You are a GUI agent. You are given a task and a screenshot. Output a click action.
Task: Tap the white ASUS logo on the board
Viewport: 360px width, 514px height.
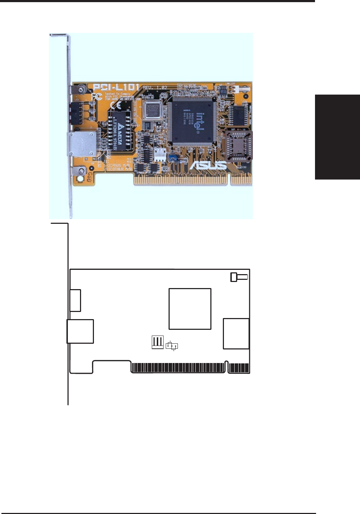[207, 165]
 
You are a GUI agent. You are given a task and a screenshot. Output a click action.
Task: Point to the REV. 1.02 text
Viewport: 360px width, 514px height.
[156, 87]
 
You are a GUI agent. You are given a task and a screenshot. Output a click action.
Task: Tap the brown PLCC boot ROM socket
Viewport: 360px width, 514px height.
[238, 146]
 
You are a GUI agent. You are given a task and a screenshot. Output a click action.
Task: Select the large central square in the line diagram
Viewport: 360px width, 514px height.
[190, 309]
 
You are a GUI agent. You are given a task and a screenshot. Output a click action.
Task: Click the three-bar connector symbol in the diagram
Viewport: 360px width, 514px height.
[157, 342]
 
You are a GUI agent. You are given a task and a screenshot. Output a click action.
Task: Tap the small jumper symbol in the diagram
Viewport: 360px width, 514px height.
[172, 346]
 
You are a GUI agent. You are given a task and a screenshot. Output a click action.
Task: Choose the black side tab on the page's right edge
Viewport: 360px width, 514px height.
[337, 137]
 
